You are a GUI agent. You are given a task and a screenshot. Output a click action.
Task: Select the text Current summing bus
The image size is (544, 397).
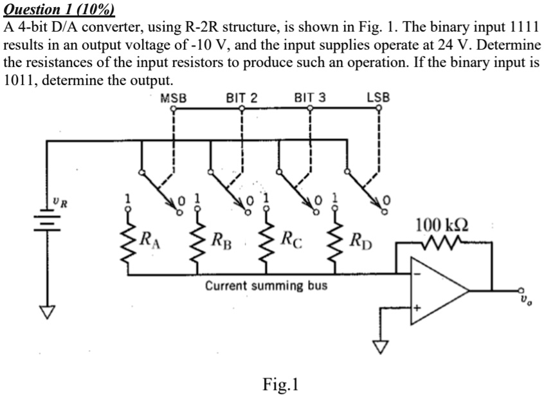pyautogui.click(x=266, y=285)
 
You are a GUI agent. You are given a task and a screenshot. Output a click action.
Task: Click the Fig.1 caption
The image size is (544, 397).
pyautogui.click(x=281, y=384)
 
